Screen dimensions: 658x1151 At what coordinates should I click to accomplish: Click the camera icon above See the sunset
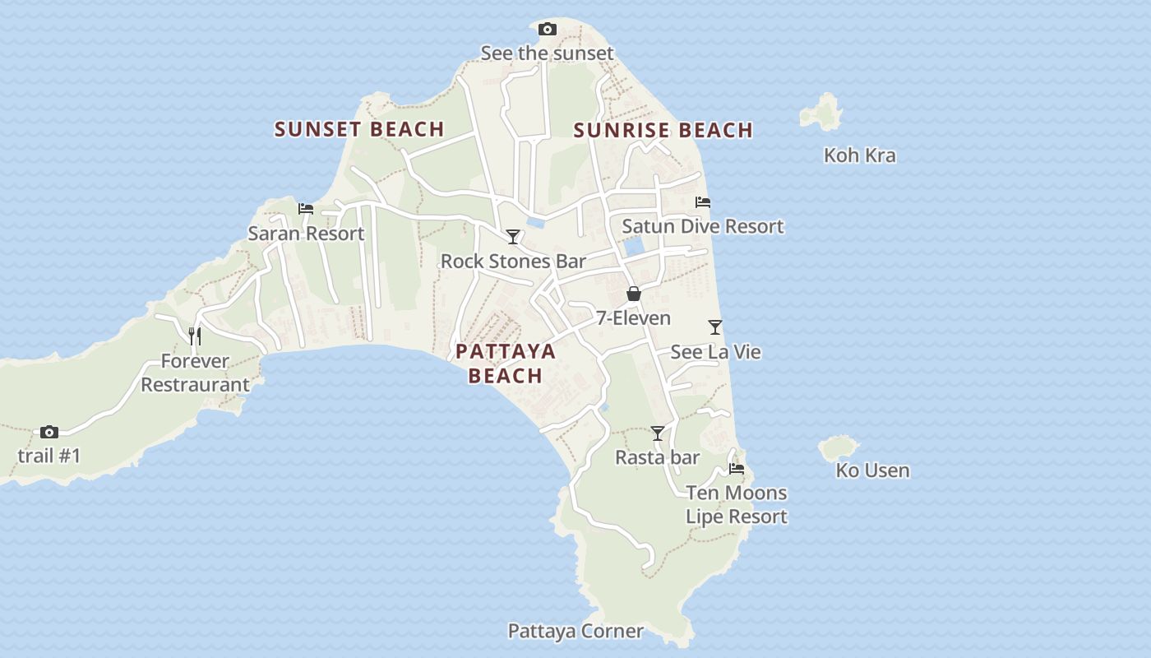coord(547,30)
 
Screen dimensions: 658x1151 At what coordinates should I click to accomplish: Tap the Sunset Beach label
coord(359,129)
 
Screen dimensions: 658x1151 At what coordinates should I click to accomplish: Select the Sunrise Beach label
coord(663,130)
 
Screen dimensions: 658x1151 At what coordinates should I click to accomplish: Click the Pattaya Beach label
coord(506,364)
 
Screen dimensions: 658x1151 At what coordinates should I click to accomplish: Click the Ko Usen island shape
coord(838,448)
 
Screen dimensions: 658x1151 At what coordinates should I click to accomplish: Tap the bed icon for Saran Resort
coord(306,209)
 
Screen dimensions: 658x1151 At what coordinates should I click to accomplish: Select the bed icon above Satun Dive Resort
coord(702,202)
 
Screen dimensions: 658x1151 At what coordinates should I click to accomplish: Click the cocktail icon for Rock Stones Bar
coord(513,237)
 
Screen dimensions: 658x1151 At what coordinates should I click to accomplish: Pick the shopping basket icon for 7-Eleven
coord(633,294)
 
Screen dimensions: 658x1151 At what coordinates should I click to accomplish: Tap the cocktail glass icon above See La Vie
coord(715,327)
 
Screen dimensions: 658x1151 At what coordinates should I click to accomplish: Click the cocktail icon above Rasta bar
coord(657,433)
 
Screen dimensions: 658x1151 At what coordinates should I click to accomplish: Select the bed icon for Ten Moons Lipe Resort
coord(737,469)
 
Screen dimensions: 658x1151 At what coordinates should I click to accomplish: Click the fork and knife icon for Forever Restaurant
coord(195,336)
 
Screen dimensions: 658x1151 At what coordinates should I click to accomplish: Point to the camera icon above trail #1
coord(49,432)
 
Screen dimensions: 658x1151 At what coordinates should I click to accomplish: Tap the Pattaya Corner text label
coord(575,631)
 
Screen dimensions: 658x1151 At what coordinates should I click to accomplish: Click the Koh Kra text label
coord(859,155)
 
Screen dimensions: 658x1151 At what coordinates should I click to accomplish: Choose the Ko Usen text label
coord(872,470)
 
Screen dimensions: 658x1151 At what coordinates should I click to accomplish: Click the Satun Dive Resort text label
coord(703,226)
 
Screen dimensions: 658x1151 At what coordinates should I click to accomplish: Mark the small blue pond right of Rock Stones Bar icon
coord(535,222)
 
